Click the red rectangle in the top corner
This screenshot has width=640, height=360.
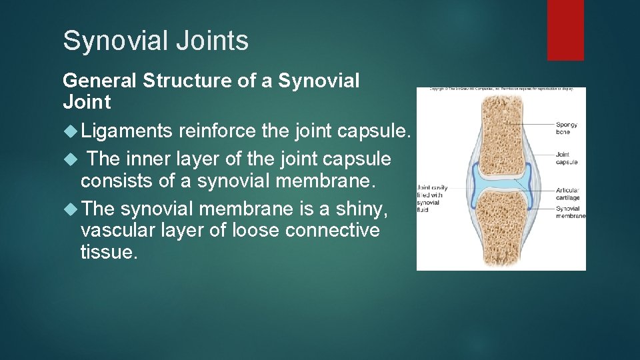[565, 29]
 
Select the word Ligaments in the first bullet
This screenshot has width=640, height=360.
[127, 131]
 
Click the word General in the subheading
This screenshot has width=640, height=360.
[99, 81]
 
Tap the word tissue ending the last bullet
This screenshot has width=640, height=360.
[109, 252]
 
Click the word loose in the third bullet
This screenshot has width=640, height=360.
[257, 231]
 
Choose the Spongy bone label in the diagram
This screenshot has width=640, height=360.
[567, 128]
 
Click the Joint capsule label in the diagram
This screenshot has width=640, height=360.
[567, 159]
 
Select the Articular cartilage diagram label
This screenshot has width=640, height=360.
[568, 194]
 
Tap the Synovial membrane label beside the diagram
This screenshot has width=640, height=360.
[570, 212]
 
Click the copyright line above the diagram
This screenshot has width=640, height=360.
[501, 89]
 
